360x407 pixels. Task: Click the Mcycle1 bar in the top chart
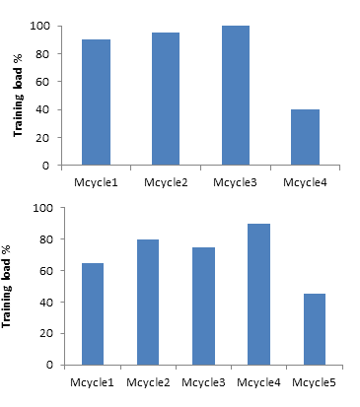coord(96,102)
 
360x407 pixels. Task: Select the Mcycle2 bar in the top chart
coord(166,99)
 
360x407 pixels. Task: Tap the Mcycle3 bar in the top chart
coord(236,96)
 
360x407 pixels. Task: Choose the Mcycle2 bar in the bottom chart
coord(147,302)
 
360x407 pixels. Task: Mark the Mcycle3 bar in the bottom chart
coord(203,305)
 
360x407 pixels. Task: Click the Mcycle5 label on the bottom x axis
coord(316,379)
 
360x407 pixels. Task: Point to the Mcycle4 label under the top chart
coord(306,181)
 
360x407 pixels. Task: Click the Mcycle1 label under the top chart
coord(96,181)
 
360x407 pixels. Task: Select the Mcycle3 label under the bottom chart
coord(203,379)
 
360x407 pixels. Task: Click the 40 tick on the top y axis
coord(45,109)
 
